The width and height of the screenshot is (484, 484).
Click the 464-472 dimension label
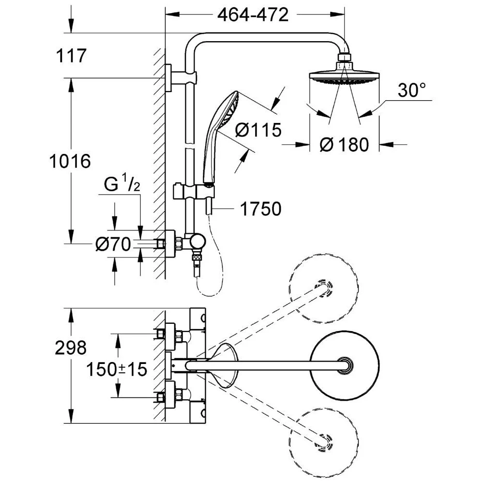coord(253,15)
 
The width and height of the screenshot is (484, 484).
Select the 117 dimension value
coord(71,56)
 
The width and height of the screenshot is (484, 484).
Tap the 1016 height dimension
coord(70,161)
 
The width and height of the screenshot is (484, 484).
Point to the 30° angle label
coord(412,90)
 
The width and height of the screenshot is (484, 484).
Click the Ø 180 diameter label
coord(345,144)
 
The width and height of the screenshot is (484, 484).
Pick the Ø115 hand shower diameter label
coord(257,130)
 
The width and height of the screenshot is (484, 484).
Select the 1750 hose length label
coord(260,209)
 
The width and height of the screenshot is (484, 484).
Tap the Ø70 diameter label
coord(113,245)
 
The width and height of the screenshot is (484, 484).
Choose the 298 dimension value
coord(71,347)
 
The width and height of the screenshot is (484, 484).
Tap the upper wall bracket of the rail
coord(181,77)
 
